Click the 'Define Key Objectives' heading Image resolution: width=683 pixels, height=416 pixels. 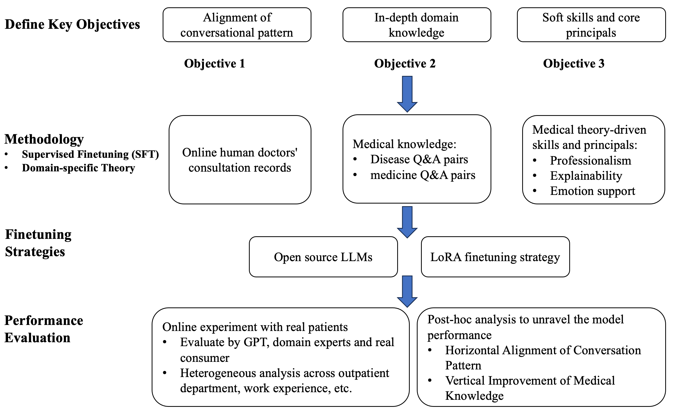point(72,24)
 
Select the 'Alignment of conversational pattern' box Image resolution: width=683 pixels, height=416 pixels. point(237,25)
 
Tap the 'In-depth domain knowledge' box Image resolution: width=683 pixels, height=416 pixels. point(416,25)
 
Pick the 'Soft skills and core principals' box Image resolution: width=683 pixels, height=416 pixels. point(591,25)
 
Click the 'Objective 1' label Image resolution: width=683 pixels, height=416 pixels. point(214,64)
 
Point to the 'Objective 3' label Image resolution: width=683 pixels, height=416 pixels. point(573,64)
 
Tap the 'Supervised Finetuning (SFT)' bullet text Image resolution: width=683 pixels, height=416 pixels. point(90,154)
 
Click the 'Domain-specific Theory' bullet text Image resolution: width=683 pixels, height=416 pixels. point(78,168)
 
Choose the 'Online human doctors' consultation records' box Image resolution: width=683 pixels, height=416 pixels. point(240,160)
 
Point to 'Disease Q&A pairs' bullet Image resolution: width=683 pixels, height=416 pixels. point(419,159)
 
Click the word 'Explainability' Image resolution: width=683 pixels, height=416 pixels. point(586,176)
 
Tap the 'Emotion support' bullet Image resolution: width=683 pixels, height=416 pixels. point(592,191)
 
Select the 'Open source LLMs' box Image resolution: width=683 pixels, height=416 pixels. point(323,257)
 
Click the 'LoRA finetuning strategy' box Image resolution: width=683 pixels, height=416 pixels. point(495,257)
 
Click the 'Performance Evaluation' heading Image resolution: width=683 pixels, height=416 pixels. point(43,329)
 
